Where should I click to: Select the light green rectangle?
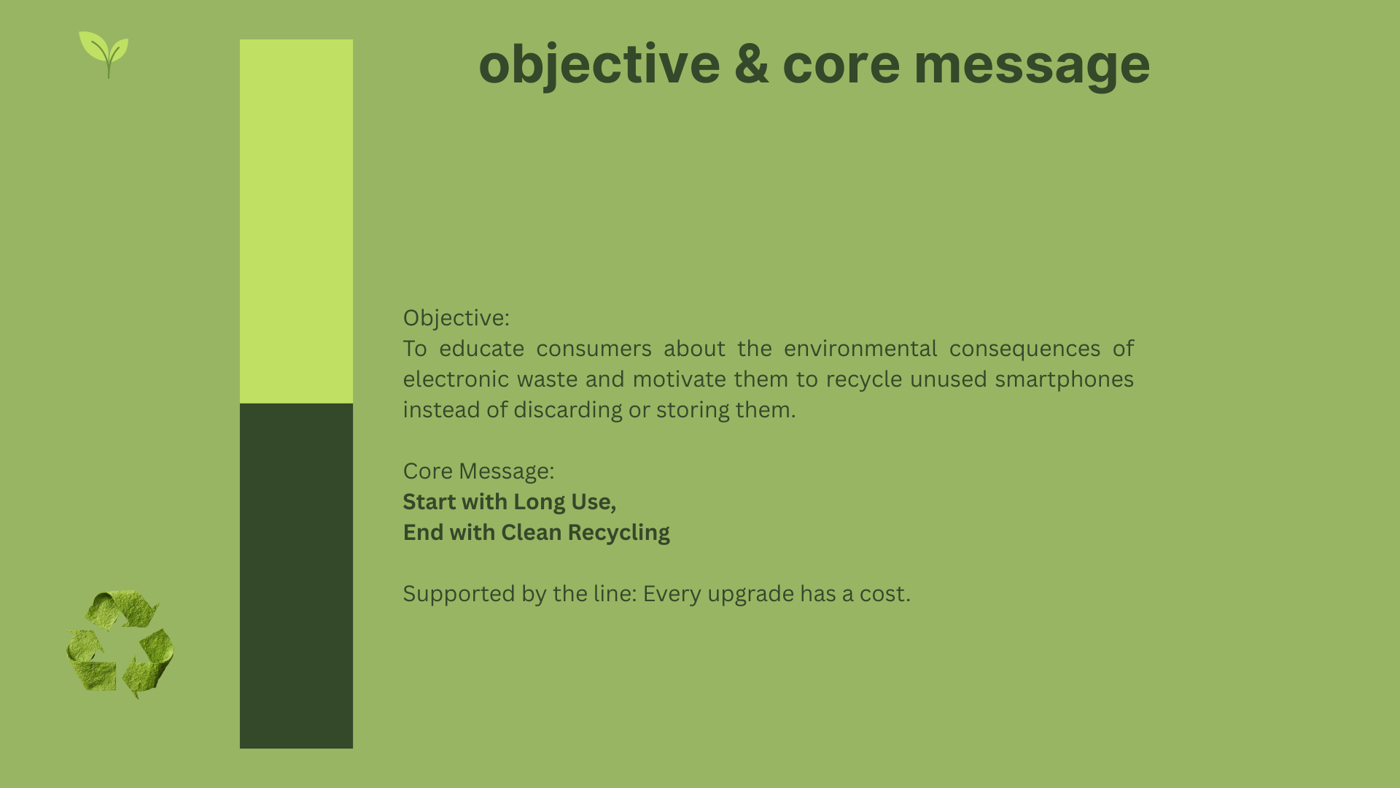point(296,221)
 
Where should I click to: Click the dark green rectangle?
point(296,576)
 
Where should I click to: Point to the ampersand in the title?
point(751,63)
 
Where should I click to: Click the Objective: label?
point(456,318)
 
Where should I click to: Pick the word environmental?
point(860,349)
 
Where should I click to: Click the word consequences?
point(1024,349)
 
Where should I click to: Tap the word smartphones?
point(1064,379)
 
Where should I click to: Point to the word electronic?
point(456,379)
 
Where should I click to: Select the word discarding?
point(568,410)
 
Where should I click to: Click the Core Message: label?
point(478,471)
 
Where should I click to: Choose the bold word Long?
point(540,502)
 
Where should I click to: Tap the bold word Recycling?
point(618,533)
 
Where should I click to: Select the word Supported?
point(459,594)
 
